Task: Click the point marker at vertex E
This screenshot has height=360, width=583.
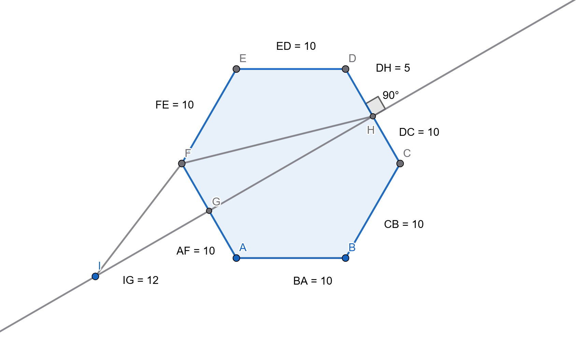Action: pos(236,69)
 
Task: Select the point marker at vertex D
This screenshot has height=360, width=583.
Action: pos(345,69)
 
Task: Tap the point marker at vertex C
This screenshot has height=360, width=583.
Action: pos(400,163)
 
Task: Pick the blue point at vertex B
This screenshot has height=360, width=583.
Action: pos(345,258)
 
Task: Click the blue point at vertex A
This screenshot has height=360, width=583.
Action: pos(236,258)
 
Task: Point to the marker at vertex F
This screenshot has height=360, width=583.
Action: pos(182,163)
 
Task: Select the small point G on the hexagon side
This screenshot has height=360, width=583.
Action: pos(209,211)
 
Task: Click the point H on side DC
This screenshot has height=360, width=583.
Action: pos(373,116)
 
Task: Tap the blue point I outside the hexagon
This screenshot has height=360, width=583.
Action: pos(95,276)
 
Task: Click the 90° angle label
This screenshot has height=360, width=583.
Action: pos(391,95)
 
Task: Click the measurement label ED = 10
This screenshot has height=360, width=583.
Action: pos(296,46)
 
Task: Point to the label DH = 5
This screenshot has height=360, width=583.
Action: pos(393,68)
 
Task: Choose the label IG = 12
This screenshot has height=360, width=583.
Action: pos(141,280)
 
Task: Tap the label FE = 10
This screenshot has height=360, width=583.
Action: pos(174,105)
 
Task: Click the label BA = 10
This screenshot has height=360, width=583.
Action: pos(313,281)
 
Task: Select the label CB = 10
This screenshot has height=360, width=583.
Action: pos(404,224)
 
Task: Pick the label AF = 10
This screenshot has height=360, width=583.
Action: pos(196,251)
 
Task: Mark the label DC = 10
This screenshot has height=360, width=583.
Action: pos(419,132)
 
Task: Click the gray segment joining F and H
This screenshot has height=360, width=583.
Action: pos(277,140)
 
